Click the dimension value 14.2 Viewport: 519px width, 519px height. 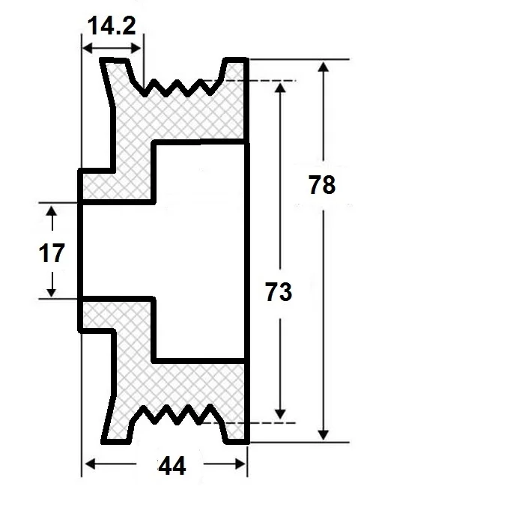click(111, 27)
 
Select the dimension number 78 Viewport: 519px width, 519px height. click(321, 184)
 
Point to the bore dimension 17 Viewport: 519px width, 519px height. click(51, 253)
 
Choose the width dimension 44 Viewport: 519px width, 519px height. click(172, 466)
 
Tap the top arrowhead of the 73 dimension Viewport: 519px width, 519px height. click(280, 87)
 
